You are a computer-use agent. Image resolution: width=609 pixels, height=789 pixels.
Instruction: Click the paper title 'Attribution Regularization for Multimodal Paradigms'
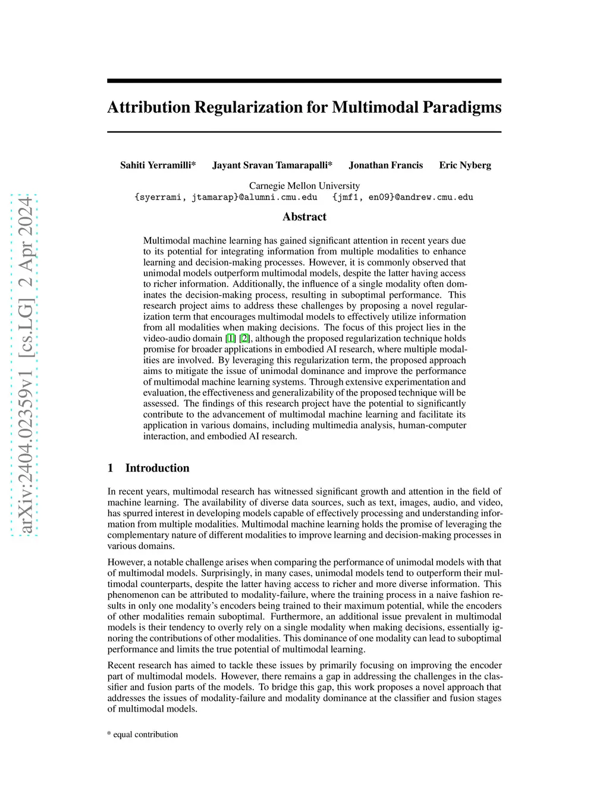click(304, 107)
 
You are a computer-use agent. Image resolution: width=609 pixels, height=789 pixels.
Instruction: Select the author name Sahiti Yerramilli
click(158, 165)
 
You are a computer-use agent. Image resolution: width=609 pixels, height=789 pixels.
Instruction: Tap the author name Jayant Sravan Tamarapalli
click(272, 165)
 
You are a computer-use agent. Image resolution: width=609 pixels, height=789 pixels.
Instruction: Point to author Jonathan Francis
click(385, 165)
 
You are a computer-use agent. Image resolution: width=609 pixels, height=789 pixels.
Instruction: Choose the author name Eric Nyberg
click(465, 165)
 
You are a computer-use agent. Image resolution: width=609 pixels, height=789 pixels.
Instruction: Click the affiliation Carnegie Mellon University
click(304, 186)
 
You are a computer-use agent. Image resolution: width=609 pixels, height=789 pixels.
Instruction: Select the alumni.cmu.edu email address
click(226, 197)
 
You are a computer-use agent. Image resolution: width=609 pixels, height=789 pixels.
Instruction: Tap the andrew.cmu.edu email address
click(403, 197)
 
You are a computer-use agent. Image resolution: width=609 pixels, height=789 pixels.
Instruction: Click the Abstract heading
click(304, 217)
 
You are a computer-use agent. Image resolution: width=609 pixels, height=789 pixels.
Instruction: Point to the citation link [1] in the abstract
click(231, 338)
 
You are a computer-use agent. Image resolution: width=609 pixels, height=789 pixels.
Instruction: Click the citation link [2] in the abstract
click(244, 338)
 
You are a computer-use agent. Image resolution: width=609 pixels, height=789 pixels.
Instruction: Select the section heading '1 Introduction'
click(149, 468)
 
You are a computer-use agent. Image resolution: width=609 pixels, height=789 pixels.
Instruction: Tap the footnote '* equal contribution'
click(143, 734)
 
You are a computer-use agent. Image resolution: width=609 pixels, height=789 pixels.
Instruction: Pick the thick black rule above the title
click(304, 80)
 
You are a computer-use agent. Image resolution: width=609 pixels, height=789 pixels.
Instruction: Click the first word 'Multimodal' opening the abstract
click(164, 241)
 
